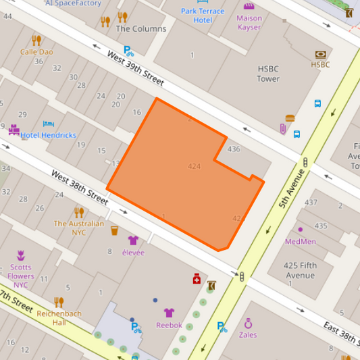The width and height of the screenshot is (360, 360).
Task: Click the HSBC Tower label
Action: tap(268, 74)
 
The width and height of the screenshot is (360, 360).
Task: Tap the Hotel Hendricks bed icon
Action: tap(49, 124)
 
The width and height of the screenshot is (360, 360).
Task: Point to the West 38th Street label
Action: tap(79, 188)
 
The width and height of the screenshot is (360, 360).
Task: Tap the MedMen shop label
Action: tap(301, 241)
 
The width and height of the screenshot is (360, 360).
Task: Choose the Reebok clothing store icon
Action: tap(169, 313)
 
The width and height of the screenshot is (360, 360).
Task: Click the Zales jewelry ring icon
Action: tap(248, 323)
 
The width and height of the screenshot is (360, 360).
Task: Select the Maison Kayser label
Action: tap(249, 23)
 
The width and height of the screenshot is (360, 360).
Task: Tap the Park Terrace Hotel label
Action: tap(202, 16)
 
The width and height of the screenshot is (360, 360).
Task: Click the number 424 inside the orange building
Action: tap(195, 166)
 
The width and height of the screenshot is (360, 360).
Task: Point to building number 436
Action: tap(234, 149)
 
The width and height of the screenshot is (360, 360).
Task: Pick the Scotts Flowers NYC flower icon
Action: tap(21, 255)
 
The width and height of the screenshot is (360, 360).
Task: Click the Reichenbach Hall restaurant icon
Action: tap(59, 302)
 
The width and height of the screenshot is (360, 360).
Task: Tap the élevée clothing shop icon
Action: tap(132, 240)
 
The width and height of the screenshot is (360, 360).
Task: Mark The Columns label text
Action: tap(141, 29)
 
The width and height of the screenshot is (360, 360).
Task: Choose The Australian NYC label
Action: tap(79, 228)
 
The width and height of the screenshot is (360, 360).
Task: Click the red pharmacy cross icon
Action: tap(197, 279)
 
